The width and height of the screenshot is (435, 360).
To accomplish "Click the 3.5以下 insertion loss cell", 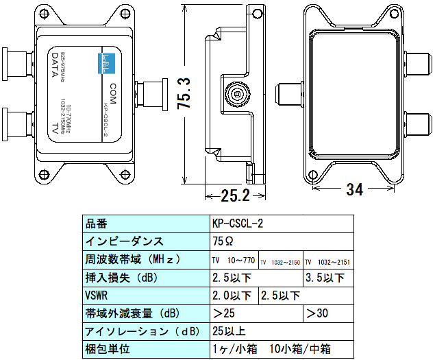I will click(325, 278).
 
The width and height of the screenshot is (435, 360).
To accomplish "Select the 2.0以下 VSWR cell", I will click(232, 296).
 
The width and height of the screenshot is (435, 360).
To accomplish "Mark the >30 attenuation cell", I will click(319, 313).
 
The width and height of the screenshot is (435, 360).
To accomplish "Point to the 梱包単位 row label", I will click(107, 349).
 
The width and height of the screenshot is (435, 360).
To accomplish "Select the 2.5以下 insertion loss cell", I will click(232, 278).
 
